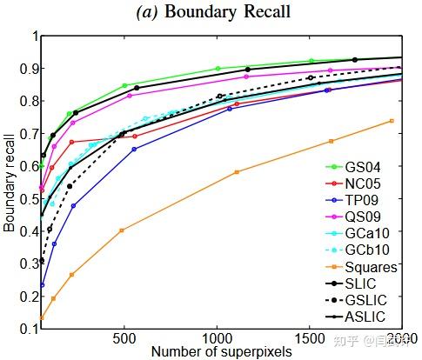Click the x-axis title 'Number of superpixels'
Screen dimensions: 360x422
tap(222, 350)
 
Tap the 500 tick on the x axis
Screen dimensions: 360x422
tap(124, 337)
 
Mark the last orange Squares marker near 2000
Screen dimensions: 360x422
tap(392, 121)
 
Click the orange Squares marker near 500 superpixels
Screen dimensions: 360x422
tap(122, 230)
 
